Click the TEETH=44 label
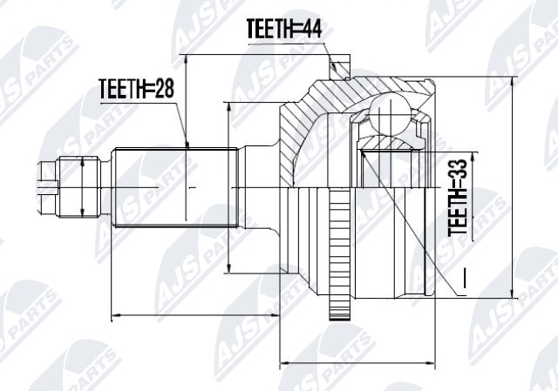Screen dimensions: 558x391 coord(284,29)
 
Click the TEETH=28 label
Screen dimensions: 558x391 coord(137,89)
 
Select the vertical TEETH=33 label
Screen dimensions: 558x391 coord(457,198)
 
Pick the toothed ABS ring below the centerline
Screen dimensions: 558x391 coord(340,253)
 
